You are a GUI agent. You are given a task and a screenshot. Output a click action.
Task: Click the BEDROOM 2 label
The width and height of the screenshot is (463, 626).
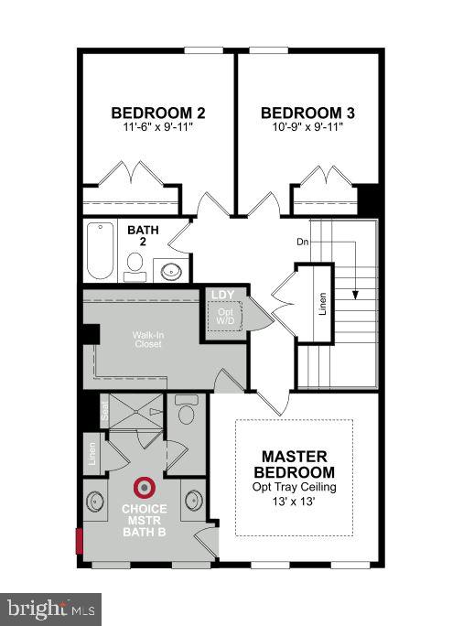[x=157, y=113]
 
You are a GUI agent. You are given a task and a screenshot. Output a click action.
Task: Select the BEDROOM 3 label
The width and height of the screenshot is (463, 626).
[x=307, y=113]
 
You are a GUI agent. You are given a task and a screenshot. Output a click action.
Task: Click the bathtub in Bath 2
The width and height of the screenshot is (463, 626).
[x=99, y=250]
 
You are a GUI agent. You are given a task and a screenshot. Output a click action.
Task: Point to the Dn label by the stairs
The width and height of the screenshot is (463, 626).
[x=302, y=243]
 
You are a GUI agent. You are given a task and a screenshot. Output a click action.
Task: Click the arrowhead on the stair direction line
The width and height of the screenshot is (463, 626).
[x=352, y=294]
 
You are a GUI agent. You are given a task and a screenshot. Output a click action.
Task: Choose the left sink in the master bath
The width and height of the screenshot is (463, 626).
[x=97, y=501]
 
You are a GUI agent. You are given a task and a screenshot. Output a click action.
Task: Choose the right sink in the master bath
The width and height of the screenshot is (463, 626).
[x=193, y=500]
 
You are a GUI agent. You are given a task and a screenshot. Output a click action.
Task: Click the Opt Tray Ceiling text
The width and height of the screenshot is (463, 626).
[x=294, y=487]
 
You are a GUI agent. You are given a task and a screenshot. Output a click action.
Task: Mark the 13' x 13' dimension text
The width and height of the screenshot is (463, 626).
[x=294, y=502]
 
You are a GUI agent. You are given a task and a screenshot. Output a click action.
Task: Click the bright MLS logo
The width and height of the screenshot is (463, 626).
[x=50, y=608]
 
